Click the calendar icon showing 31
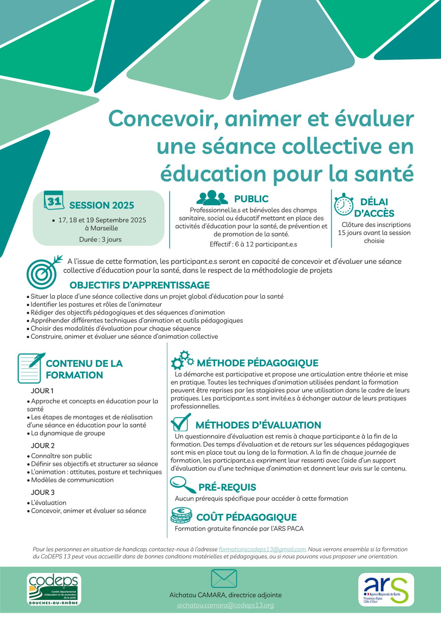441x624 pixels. coord(54,201)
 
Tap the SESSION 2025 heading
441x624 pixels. coord(102,205)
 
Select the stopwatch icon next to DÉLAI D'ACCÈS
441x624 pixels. coord(343,205)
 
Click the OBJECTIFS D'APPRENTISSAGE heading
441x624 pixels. coord(140,285)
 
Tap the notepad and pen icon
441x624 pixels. coord(31,368)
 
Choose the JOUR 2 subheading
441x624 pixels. coord(43,446)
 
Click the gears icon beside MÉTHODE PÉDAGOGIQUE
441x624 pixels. coord(182,360)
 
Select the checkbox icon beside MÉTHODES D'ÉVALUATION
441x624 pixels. coord(181,422)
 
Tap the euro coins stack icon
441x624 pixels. coord(181,515)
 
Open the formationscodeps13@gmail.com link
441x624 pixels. coord(262,549)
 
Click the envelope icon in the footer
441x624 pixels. coord(224,578)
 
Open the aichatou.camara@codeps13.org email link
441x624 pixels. coord(225,605)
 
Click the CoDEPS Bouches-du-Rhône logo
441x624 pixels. coord(54,589)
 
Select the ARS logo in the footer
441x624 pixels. coord(386,589)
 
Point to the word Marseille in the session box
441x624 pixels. coord(104,228)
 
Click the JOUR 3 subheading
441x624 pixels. coord(43,492)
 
